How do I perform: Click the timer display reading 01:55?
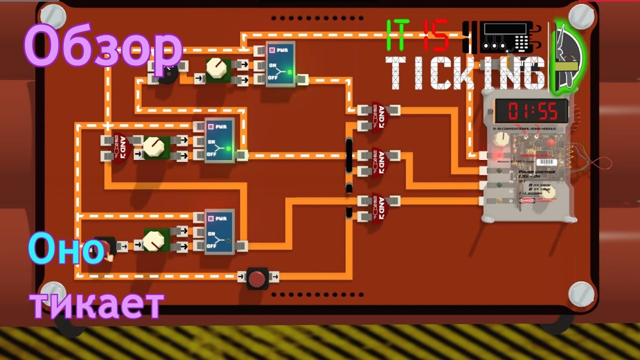(x=531, y=111)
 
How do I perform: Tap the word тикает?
(x=97, y=303)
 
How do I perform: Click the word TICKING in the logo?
(x=465, y=73)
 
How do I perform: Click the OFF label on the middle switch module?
(x=212, y=154)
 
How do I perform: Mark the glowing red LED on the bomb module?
(x=499, y=155)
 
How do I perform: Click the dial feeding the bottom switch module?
(x=154, y=240)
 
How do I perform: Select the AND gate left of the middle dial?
(x=121, y=149)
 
